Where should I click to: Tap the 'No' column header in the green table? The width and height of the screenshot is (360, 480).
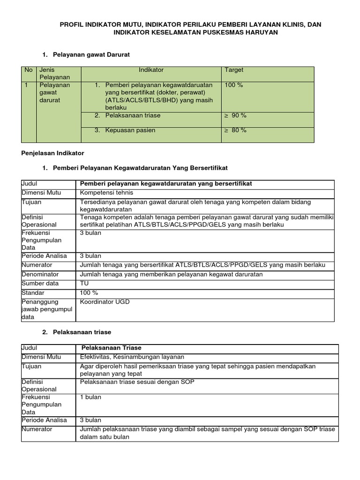pyautogui.click(x=29, y=70)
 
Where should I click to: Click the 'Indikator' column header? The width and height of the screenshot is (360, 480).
pyautogui.click(x=151, y=70)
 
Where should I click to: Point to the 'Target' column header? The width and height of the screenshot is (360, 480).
pyautogui.click(x=234, y=70)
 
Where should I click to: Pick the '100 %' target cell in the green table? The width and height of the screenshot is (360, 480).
pyautogui.click(x=234, y=85)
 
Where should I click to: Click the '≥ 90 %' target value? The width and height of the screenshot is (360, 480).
pyautogui.click(x=235, y=115)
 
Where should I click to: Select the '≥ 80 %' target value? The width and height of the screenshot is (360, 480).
pyautogui.click(x=235, y=130)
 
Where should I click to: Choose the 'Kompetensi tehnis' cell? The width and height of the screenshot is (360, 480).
pyautogui.click(x=107, y=193)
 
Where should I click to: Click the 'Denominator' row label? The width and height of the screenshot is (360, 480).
pyautogui.click(x=40, y=274)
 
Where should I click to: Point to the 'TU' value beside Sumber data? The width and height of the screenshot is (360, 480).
pyautogui.click(x=84, y=284)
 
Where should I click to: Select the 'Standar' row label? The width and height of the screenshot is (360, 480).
pyautogui.click(x=33, y=292)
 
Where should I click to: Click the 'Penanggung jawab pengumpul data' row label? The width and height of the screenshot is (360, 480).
pyautogui.click(x=47, y=309)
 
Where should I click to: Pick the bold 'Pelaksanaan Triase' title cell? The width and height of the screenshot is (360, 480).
pyautogui.click(x=112, y=348)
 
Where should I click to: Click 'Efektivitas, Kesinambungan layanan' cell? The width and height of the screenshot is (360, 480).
pyautogui.click(x=132, y=357)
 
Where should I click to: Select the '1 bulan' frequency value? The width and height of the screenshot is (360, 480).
pyautogui.click(x=91, y=397)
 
